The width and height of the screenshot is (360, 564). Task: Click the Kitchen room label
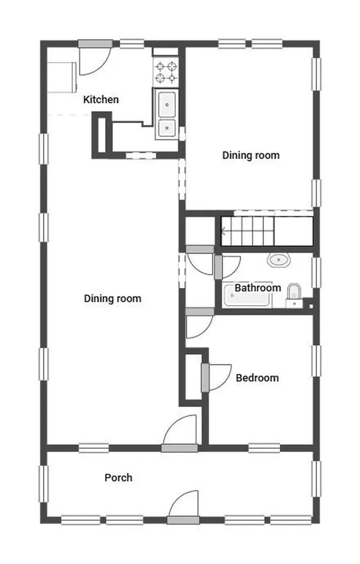[x=101, y=100]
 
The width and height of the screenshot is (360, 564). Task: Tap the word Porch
[x=118, y=478]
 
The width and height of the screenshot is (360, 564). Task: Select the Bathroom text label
[x=258, y=288]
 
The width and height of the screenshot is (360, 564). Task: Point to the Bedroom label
[x=257, y=378]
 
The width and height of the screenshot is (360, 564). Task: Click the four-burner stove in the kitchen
[x=166, y=72]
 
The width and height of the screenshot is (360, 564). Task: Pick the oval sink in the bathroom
[x=279, y=260]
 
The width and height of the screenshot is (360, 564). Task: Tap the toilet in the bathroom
[x=294, y=296]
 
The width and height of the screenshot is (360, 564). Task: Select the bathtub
[x=247, y=295]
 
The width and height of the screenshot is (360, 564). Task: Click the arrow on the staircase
[x=224, y=231]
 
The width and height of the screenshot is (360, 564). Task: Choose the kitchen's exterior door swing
[x=95, y=59]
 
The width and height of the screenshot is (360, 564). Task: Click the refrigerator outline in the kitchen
[x=62, y=77]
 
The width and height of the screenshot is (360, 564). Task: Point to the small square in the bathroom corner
[x=311, y=306]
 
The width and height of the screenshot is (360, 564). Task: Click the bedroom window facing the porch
[x=264, y=448]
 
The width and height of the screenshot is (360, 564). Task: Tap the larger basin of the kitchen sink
[x=167, y=105]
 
